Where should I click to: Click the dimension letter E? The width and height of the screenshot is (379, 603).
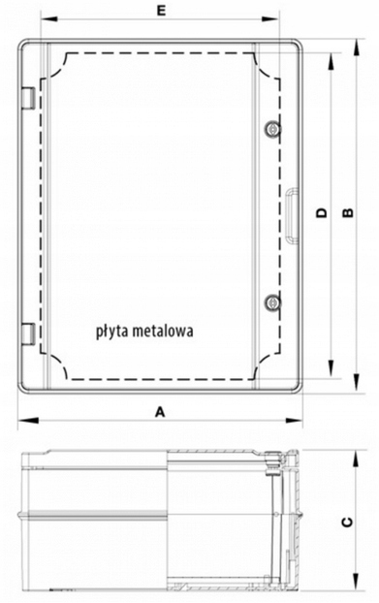click(162, 11)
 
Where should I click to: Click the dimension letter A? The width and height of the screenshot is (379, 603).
click(160, 412)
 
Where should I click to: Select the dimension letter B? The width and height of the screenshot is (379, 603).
click(348, 212)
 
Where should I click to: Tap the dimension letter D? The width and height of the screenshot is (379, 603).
click(322, 212)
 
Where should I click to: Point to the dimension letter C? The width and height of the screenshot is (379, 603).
click(347, 522)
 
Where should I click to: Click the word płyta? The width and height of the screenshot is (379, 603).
click(111, 332)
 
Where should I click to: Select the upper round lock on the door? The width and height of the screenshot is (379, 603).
click(272, 129)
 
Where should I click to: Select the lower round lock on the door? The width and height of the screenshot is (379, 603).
click(272, 302)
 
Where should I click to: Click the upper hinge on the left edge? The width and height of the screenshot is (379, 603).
click(28, 98)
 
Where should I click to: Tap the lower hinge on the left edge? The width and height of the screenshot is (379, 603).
click(28, 333)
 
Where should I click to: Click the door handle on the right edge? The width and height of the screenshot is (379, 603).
click(292, 215)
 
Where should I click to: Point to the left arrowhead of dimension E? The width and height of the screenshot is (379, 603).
click(49, 18)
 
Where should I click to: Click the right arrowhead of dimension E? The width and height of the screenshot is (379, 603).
click(269, 18)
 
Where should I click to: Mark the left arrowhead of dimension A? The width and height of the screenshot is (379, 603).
click(28, 421)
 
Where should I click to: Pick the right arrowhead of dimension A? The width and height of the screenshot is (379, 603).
click(294, 421)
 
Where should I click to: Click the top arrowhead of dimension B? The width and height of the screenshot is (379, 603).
click(358, 48)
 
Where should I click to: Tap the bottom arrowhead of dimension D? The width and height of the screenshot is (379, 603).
click(331, 368)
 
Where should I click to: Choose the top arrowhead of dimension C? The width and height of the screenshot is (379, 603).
click(358, 460)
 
